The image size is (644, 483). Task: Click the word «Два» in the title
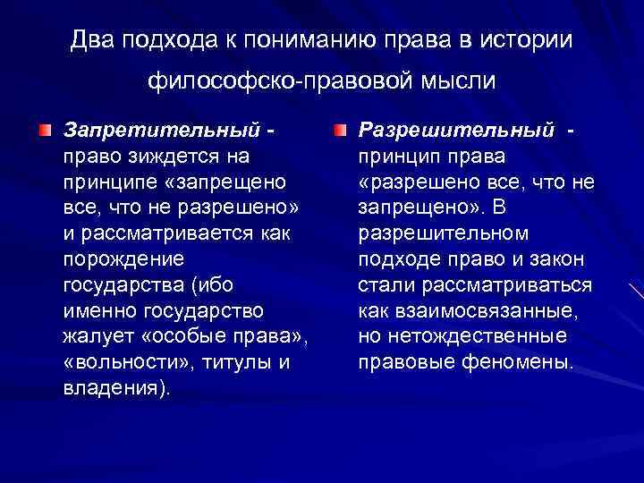coord(91,40)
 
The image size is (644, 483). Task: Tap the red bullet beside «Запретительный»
coord(45,131)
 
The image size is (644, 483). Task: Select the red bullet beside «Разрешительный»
coord(341,131)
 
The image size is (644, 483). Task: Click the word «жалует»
coord(93,337)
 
